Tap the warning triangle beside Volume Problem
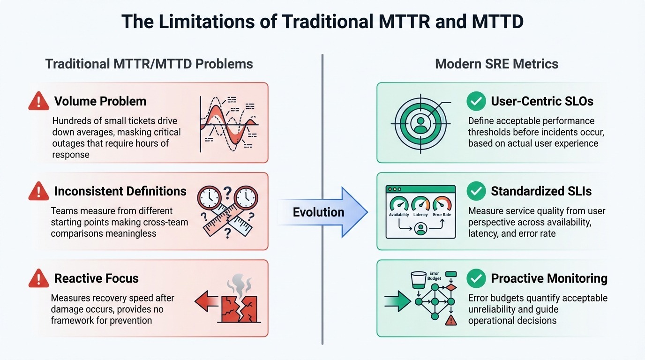(38, 101)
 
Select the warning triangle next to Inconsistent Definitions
(38, 191)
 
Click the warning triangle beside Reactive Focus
(38, 278)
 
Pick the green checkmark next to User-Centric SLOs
(476, 101)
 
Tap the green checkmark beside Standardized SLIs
(476, 191)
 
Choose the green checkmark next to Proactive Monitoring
(476, 278)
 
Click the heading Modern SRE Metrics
(497, 64)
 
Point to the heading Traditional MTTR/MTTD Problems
(149, 64)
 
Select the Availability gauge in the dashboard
(399, 204)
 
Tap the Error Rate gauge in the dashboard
(442, 204)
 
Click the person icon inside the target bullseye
(420, 124)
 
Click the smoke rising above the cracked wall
(240, 285)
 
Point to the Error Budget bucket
(419, 280)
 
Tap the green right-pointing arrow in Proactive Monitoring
(398, 301)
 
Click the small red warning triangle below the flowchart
(451, 321)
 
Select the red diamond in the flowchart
(451, 287)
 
